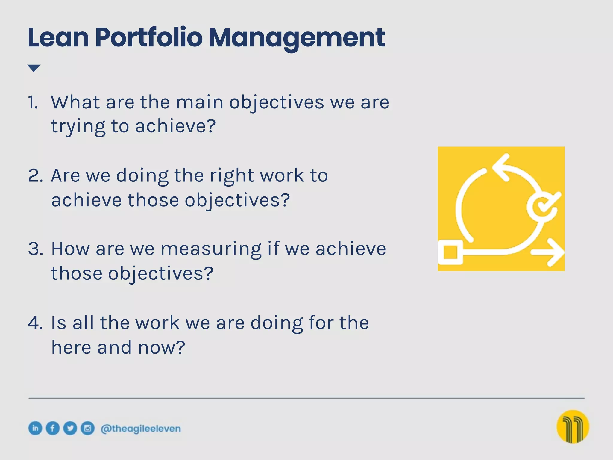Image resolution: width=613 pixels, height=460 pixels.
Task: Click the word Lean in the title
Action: [58, 38]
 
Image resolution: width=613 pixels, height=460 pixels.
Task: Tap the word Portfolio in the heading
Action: [149, 38]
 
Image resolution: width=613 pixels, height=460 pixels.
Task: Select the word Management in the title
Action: [296, 38]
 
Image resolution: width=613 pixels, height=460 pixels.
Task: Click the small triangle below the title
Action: [34, 68]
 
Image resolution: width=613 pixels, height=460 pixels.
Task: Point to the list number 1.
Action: [33, 102]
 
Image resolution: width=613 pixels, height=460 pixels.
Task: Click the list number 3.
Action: [35, 249]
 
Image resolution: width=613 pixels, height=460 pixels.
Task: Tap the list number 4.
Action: [35, 323]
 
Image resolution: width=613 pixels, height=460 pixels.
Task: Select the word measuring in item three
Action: [211, 249]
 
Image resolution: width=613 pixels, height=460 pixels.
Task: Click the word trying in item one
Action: [78, 126]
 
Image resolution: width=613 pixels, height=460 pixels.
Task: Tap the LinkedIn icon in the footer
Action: [35, 428]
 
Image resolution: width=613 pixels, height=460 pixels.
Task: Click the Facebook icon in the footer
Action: [53, 428]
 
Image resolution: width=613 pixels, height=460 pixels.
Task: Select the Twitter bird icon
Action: [70, 428]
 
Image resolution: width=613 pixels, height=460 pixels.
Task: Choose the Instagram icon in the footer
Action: [87, 428]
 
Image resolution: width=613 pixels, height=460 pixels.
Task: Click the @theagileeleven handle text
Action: [141, 429]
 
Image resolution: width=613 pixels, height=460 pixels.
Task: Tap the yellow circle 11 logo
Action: [573, 426]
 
